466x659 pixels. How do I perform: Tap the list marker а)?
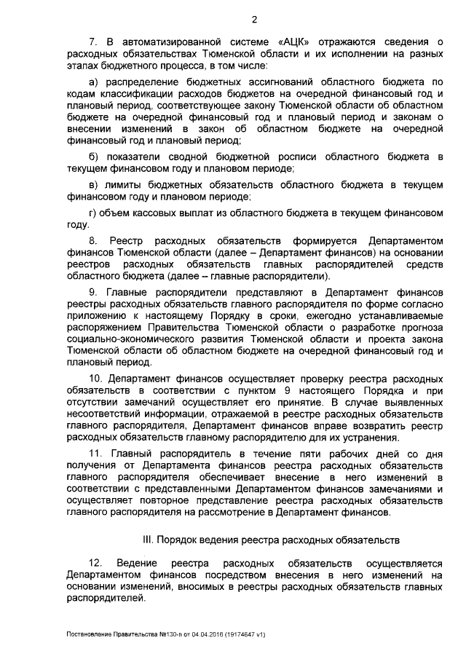pyautogui.click(x=92, y=84)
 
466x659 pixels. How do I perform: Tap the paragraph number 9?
pyautogui.click(x=92, y=292)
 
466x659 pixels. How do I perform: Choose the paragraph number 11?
pyautogui.click(x=95, y=454)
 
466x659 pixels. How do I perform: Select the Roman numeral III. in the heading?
pyautogui.click(x=146, y=540)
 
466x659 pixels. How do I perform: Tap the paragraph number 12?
pyautogui.click(x=95, y=564)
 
